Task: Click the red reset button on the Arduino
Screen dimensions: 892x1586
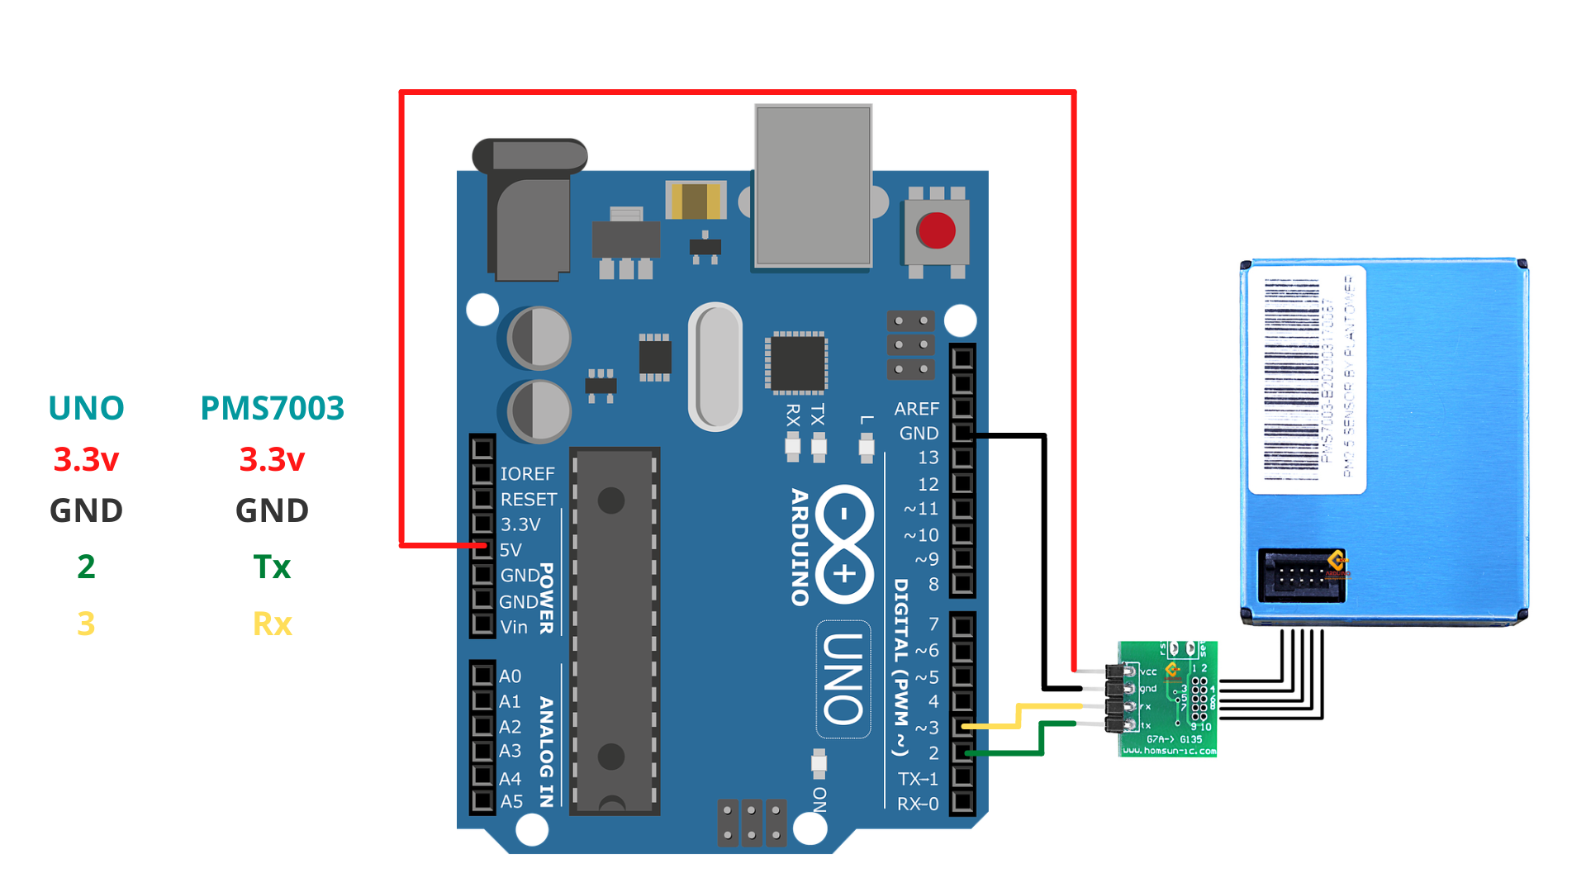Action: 936,230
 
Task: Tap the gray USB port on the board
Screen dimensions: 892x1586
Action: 813,186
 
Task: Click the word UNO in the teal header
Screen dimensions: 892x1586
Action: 86,408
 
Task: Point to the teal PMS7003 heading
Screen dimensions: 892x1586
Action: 272,408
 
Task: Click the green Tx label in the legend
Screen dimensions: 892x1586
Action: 272,567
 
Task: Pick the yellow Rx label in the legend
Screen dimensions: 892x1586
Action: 272,624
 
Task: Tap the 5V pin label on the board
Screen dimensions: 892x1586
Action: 510,550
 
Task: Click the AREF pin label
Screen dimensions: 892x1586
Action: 916,409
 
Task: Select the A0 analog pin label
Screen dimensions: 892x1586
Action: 510,676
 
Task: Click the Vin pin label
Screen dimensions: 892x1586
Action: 513,627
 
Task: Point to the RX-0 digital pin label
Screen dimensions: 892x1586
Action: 918,804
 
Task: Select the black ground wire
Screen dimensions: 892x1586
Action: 1045,562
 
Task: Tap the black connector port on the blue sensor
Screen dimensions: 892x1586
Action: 1301,576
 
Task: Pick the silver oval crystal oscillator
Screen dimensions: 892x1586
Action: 715,367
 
